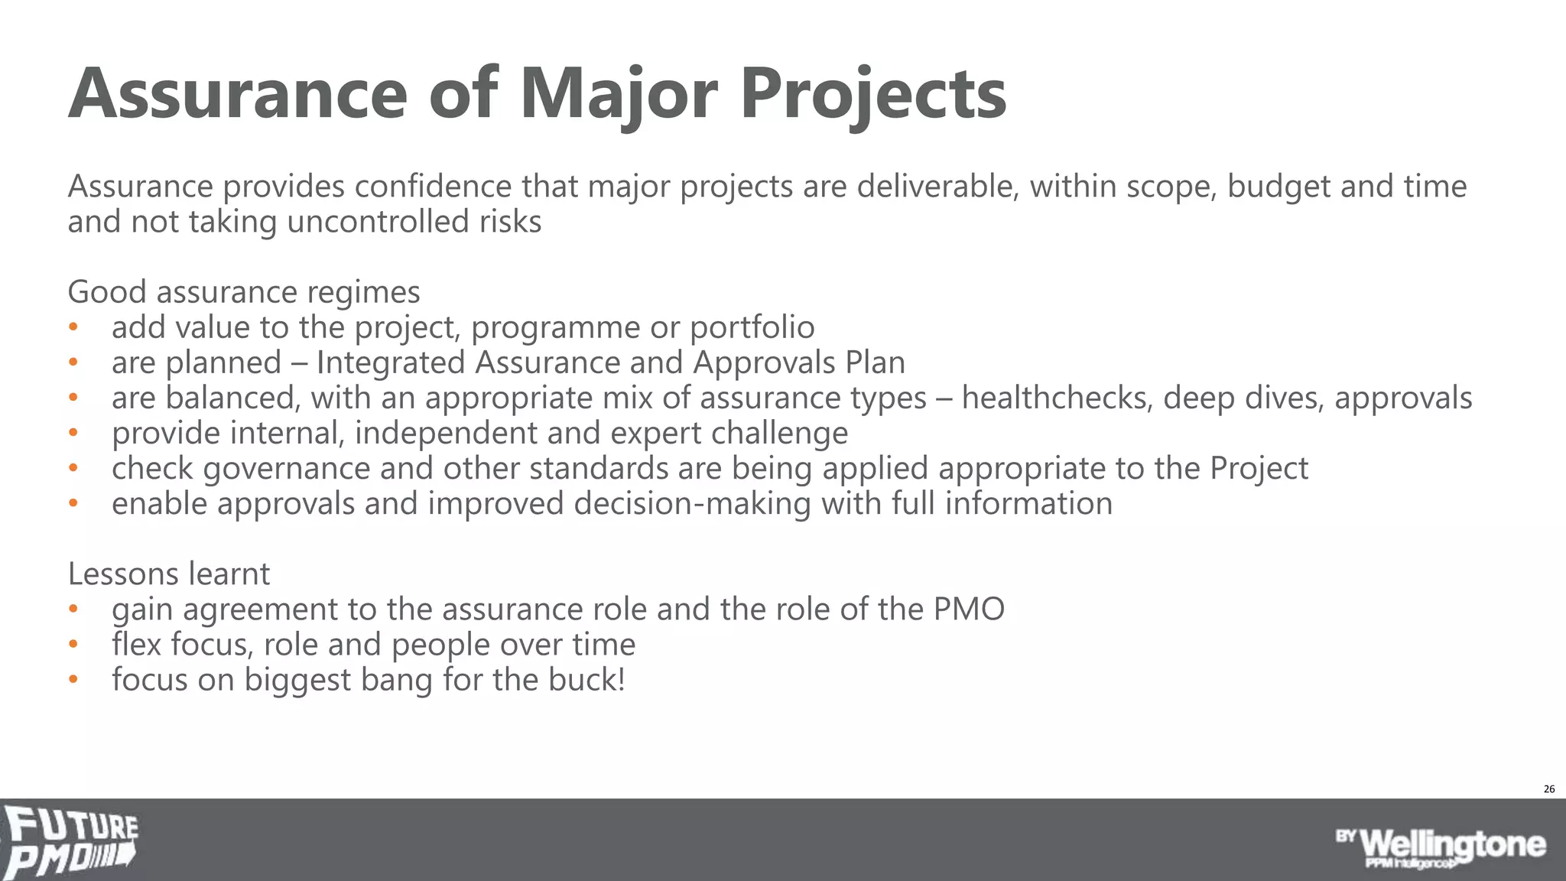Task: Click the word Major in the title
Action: coord(619,94)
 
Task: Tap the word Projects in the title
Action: coord(873,94)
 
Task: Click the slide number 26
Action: coord(1549,788)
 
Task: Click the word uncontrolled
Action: coord(378,222)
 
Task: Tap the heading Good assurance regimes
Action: coord(244,292)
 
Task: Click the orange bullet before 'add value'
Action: coord(73,327)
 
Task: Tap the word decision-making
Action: coord(693,503)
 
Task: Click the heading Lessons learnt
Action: coord(169,574)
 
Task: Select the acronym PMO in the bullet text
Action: coord(969,609)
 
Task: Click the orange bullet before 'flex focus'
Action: coord(73,644)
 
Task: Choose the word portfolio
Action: coord(752,327)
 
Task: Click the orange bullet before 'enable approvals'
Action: coord(73,503)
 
